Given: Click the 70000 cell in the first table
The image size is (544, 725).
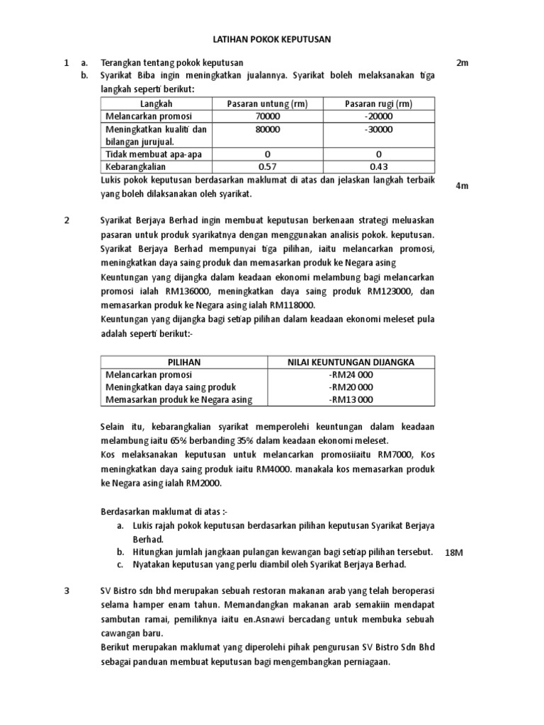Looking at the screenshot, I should pos(267,116).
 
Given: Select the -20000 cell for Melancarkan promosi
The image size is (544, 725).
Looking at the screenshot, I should pos(378,116).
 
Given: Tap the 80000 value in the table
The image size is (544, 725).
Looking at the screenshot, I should pos(267,130).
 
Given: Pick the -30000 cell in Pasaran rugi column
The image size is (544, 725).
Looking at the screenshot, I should pos(378,130).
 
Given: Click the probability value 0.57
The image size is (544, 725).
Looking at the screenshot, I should pos(267,167).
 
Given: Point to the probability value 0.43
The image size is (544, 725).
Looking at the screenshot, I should pos(378,167).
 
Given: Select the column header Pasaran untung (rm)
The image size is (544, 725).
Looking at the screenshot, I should pos(267,104).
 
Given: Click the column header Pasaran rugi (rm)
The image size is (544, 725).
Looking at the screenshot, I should pos(378,104).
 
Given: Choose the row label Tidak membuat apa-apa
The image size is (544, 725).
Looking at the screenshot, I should pos(144,154).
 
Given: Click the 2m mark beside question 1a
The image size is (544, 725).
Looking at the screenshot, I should pos(463,63).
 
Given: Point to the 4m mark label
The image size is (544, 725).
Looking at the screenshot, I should pos(463,185).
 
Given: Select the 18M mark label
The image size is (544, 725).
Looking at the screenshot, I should pos(453,552).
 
